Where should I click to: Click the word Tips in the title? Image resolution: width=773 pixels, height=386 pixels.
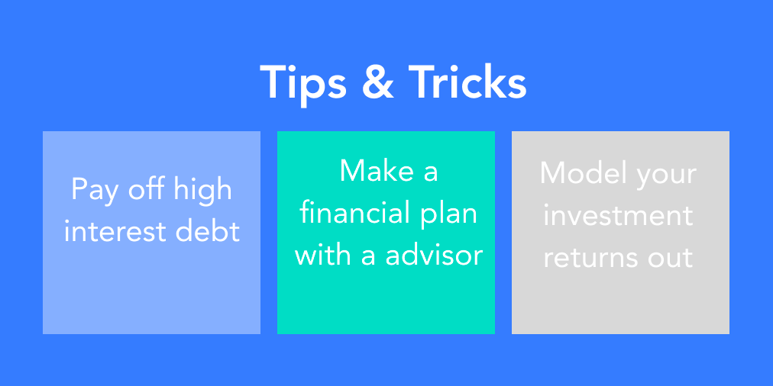(x=303, y=84)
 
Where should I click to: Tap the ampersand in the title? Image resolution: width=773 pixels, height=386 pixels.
(x=378, y=82)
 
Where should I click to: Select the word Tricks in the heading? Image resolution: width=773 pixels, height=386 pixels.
(x=467, y=82)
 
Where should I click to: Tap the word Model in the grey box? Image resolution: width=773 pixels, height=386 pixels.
(x=576, y=173)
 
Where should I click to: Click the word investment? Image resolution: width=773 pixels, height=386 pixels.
(x=618, y=215)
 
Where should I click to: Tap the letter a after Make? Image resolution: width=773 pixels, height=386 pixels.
(x=430, y=174)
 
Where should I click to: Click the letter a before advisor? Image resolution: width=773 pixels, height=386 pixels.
(x=369, y=258)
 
